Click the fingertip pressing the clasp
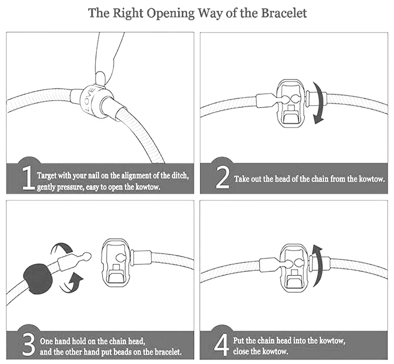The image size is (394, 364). click(101, 77)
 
